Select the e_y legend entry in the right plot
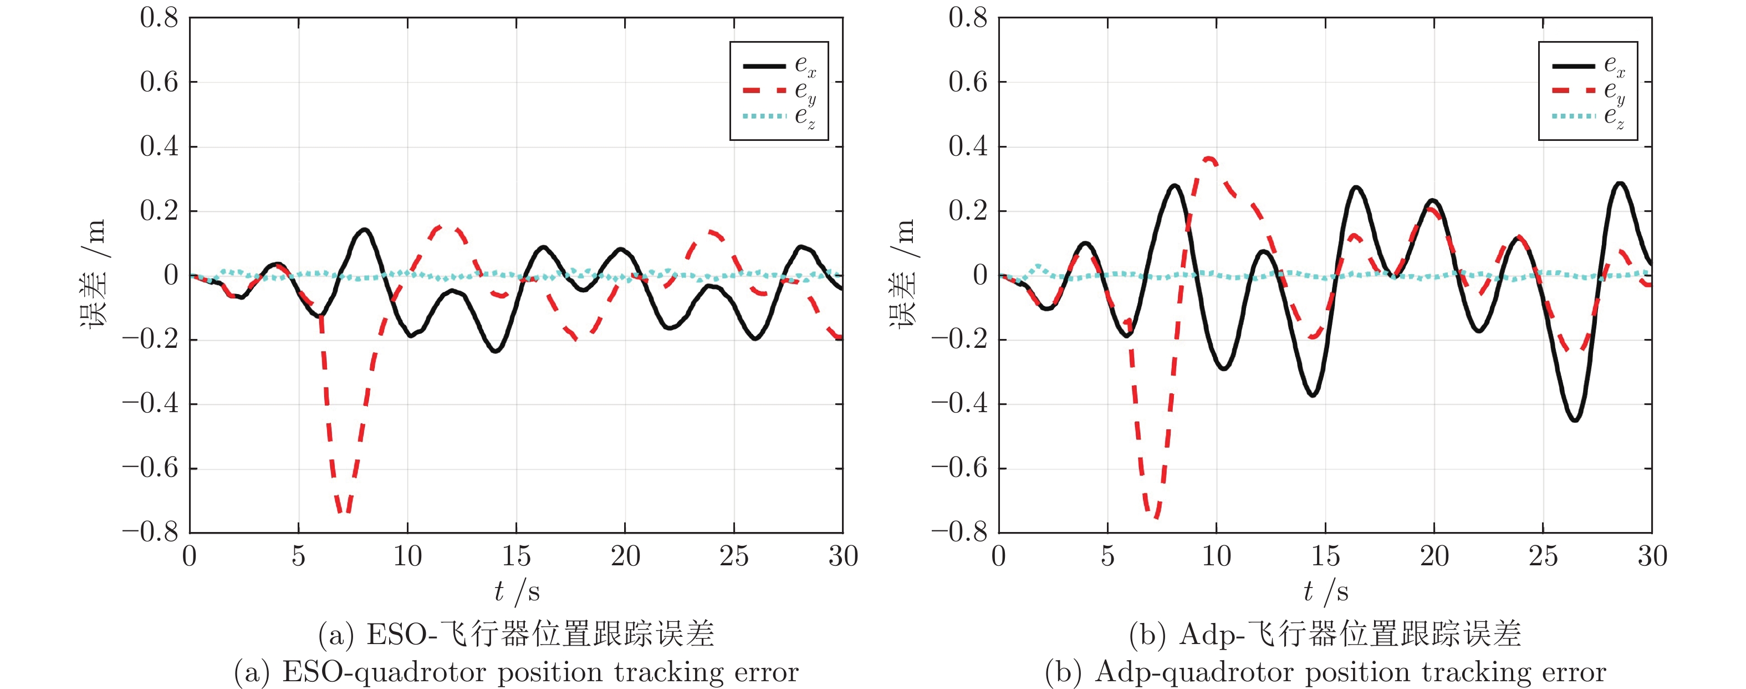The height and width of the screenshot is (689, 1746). point(1588,91)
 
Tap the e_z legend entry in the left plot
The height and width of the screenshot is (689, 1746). point(779,116)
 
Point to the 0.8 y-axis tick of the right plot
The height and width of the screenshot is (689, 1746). point(967,18)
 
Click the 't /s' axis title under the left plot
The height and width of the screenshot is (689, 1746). point(517,592)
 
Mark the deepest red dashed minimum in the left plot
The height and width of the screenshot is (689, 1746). point(344,512)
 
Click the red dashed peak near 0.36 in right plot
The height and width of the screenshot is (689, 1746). point(1209,159)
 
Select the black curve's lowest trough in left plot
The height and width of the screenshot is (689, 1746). point(496,351)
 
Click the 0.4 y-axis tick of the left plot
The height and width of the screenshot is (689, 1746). point(159,146)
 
